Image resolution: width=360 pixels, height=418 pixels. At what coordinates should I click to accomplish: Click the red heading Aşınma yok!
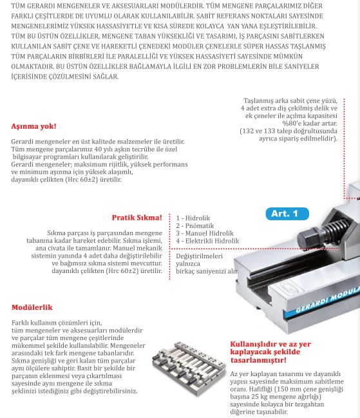pos(33,126)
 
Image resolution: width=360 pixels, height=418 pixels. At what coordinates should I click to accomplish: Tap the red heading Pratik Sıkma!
pos(137,218)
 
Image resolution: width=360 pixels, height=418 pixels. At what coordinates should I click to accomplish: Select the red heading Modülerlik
pos(32,307)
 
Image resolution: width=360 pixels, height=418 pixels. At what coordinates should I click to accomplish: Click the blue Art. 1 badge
pos(287,214)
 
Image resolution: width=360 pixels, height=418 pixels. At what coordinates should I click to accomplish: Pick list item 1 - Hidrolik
pos(193,218)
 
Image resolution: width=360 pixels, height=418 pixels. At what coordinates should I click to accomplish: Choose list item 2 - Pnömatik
pos(194,226)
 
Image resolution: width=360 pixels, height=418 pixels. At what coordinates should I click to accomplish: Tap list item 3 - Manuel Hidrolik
pos(205,233)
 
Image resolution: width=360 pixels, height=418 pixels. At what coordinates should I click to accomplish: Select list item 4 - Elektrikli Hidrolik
pos(207,241)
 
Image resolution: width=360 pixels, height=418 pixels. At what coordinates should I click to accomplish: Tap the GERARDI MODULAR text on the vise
pos(328,300)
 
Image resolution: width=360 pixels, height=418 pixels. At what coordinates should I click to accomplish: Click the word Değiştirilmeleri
pos(199,256)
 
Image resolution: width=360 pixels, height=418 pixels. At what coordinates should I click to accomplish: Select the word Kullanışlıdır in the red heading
pos(252,344)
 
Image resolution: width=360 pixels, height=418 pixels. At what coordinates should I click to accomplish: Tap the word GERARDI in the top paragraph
pos(42,6)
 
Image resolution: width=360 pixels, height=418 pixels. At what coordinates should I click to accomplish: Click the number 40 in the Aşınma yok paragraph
pos(98,149)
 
